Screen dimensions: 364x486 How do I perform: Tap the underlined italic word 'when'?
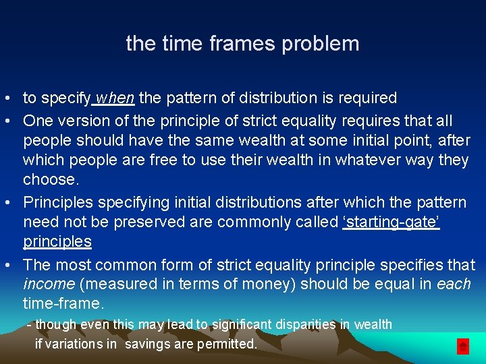[x=115, y=98]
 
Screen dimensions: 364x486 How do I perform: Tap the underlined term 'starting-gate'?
[x=391, y=222]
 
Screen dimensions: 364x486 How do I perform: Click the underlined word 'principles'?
[x=57, y=241]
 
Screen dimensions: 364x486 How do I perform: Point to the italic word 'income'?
[x=48, y=284]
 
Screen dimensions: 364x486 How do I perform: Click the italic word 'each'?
[x=454, y=284]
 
